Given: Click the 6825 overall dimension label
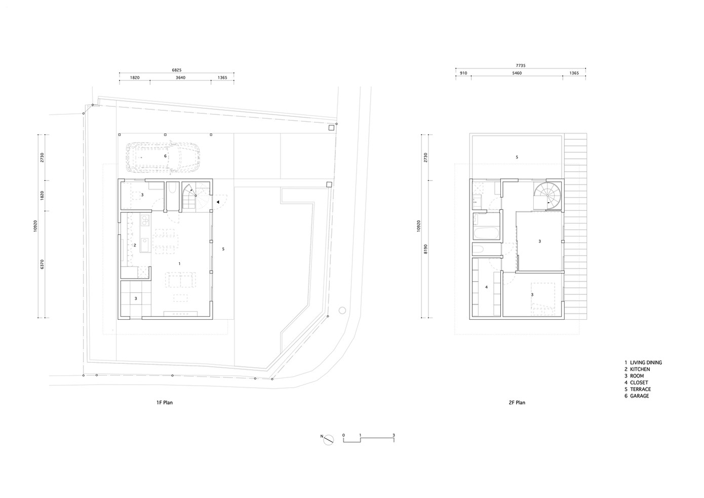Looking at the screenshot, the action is click(x=177, y=70).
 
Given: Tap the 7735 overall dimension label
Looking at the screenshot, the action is click(x=521, y=65).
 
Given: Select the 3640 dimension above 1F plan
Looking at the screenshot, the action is click(x=180, y=78).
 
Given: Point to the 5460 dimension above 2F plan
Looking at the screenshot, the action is click(x=517, y=73).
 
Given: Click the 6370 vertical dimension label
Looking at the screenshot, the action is click(x=42, y=264).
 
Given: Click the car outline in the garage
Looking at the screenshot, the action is click(x=163, y=157).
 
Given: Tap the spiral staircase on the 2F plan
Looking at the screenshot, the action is click(x=547, y=196).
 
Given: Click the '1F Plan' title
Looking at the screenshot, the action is click(x=165, y=402).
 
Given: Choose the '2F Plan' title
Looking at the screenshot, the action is click(x=517, y=402).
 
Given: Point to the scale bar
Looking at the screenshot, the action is click(x=368, y=439).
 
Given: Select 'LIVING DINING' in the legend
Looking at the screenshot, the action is click(x=646, y=363).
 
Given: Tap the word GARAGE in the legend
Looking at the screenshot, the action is click(x=639, y=396).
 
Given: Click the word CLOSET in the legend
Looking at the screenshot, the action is click(x=639, y=382).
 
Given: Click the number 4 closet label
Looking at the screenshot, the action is click(x=487, y=287).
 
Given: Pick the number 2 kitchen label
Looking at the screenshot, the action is click(x=135, y=245).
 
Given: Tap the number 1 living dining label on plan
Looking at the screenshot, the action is click(x=179, y=263).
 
